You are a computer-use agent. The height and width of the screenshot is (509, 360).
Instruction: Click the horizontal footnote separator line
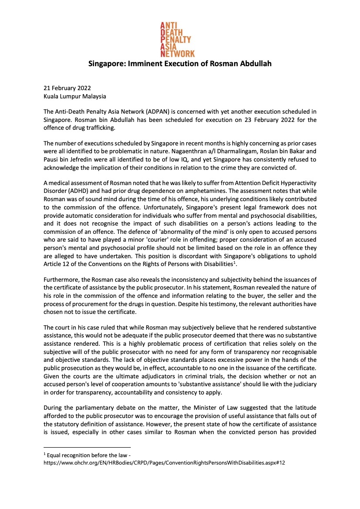tap(87, 447)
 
